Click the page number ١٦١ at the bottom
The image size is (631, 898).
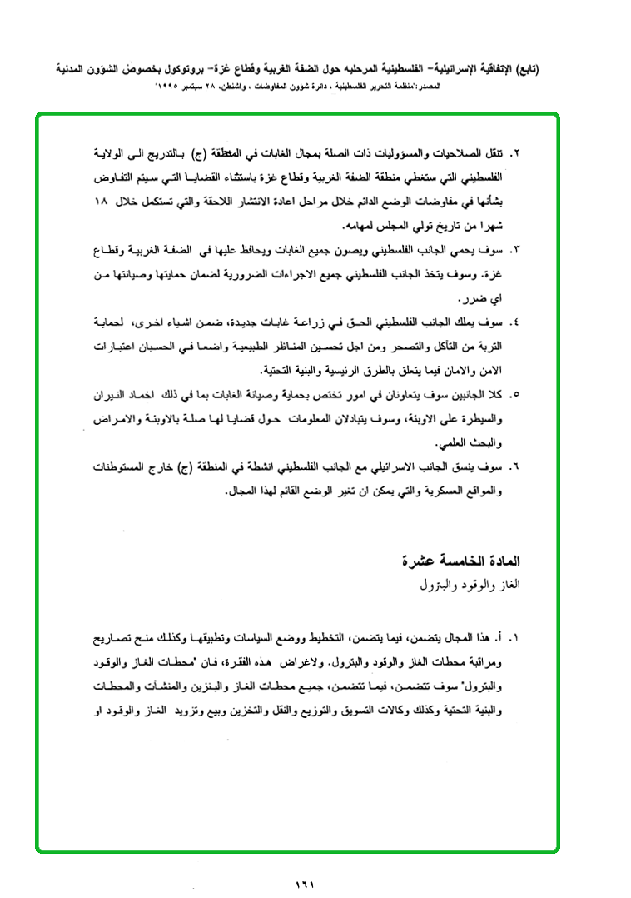[304, 884]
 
